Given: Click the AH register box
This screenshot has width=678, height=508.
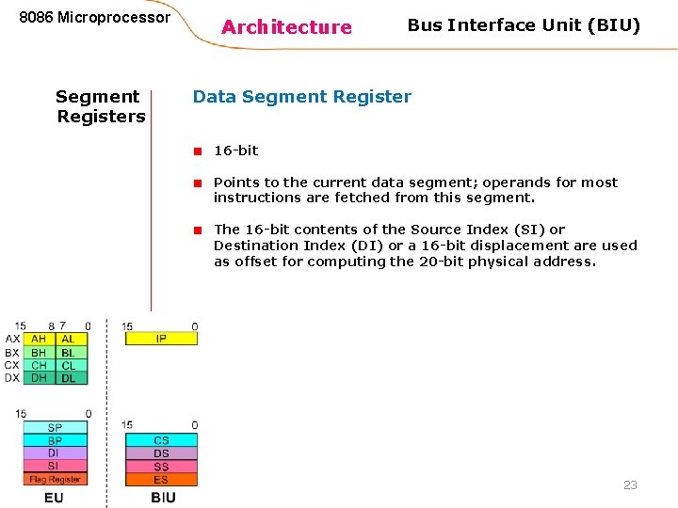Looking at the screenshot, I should (39, 339).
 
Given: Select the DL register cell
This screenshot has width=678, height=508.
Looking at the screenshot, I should (69, 378).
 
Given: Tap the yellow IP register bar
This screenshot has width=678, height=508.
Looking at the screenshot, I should (161, 339).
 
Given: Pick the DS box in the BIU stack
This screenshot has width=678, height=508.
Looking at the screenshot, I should (161, 453).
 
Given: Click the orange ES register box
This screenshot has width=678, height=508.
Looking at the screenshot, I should (161, 480).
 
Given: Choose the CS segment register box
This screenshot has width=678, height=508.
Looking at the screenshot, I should (161, 440).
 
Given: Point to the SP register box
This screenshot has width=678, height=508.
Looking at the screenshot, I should (55, 427).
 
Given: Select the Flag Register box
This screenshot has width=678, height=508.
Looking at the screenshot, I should (55, 480).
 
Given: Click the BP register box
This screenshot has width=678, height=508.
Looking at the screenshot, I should (55, 440).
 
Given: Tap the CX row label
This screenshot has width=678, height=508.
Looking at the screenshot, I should (11, 365).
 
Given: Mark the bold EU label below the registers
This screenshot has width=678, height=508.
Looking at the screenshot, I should (54, 497).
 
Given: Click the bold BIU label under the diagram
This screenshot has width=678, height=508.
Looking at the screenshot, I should (163, 497).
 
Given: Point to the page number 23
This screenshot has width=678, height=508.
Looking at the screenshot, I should (630, 485).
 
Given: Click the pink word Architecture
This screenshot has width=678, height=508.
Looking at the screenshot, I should (286, 27).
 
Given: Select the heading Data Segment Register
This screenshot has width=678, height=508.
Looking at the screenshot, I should (301, 96).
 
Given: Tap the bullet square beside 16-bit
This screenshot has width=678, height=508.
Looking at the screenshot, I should (199, 151).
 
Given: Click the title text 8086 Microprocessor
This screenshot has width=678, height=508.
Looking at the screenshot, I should (95, 18).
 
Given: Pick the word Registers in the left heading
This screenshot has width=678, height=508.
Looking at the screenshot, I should (101, 117).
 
